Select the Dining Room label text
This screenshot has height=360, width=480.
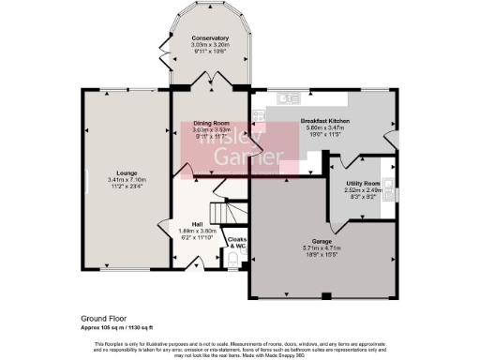point(211,124)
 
